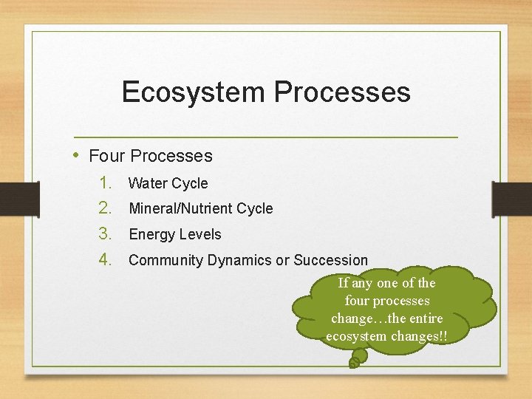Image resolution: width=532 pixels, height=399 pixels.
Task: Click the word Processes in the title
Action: (x=342, y=92)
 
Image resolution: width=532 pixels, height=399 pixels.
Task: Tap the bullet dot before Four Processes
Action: (x=78, y=155)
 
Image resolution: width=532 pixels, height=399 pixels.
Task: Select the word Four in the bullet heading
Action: (x=106, y=156)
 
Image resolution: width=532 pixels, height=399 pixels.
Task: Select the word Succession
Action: (x=330, y=260)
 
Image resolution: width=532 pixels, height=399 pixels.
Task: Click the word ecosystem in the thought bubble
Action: (x=355, y=336)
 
